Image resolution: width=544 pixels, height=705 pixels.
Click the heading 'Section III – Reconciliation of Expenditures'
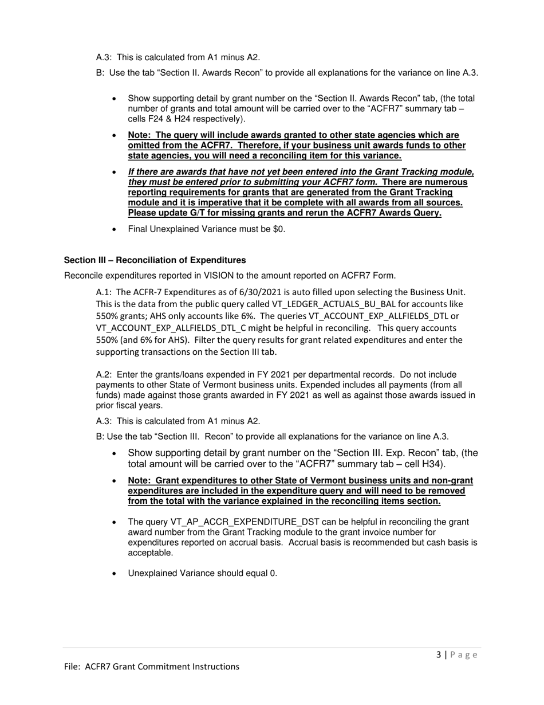click(x=155, y=260)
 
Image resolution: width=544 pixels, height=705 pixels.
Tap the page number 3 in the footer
click(x=439, y=655)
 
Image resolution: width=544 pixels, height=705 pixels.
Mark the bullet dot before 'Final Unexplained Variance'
click(x=115, y=229)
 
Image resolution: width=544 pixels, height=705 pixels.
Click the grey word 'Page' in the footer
click(x=464, y=655)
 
